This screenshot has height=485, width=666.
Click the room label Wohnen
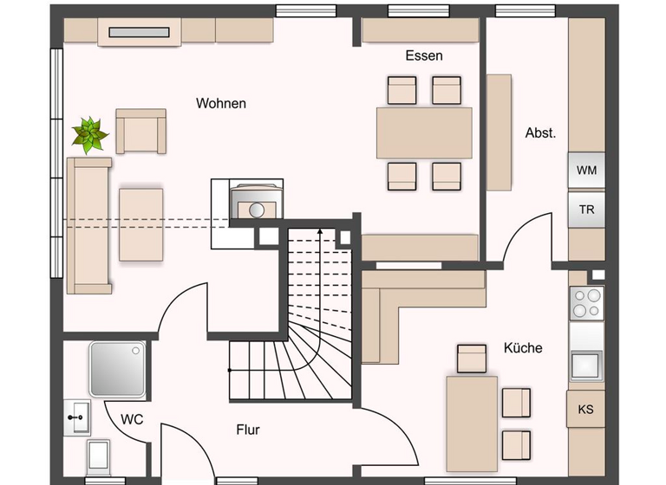pos(221,103)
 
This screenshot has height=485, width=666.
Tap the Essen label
pos(424,55)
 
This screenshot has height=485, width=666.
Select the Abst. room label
pos(540,133)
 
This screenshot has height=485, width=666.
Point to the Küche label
pos(523,347)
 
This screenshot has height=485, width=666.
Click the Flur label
pos(247,429)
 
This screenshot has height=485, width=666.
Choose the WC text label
pos(132,419)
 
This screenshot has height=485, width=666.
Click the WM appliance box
pos(586,171)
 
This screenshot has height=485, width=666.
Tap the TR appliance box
pos(586,210)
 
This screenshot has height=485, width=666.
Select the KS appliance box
pos(586,409)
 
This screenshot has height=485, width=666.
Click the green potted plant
pos(89,134)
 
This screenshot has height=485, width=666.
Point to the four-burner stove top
pos(586,303)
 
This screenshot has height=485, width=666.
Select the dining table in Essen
pos(424,133)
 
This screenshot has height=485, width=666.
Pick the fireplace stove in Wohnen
pos(256,204)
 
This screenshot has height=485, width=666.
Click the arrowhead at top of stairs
pos(321,231)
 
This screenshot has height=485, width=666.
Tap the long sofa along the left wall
pos(89,225)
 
